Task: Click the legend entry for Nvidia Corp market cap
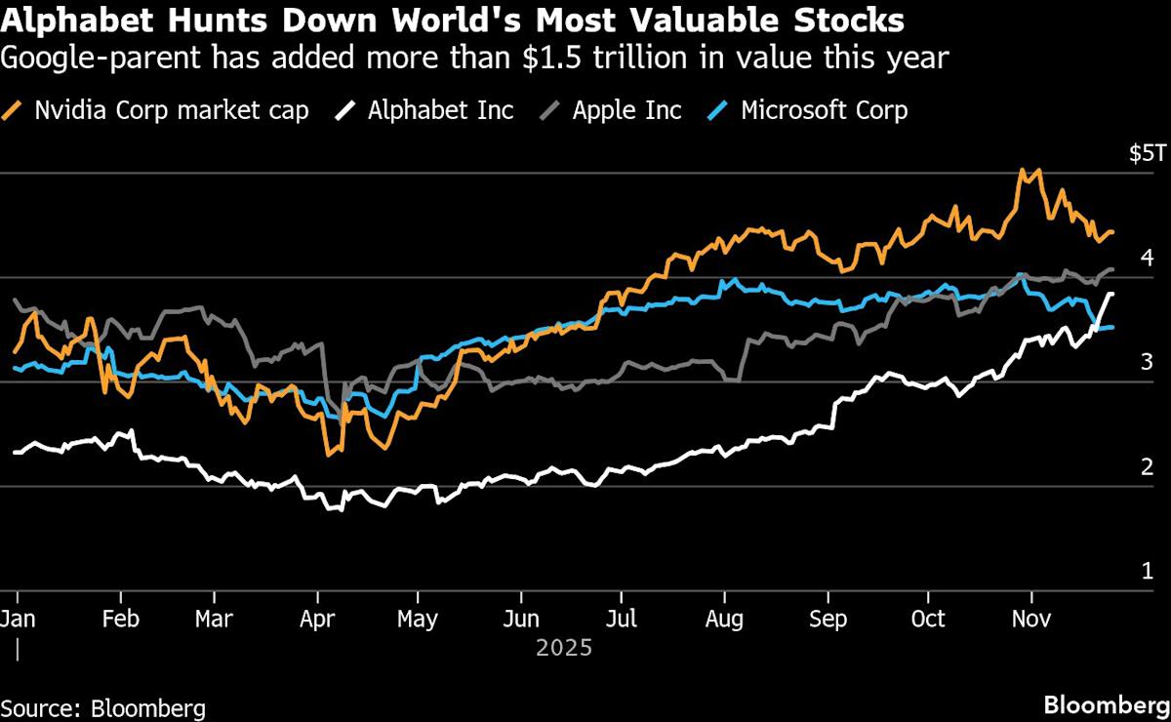172,109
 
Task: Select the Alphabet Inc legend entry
440,109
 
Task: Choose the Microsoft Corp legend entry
824,109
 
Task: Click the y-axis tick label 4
1148,258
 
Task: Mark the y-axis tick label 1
1148,571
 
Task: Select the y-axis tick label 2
1148,466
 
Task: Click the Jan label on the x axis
18,620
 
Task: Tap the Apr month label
315,620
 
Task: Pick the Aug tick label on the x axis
725,620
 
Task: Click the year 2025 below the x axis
564,647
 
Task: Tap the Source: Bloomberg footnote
102,706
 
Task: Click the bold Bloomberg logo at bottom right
1105,704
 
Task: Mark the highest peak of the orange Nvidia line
1023,170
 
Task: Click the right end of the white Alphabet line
1112,294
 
